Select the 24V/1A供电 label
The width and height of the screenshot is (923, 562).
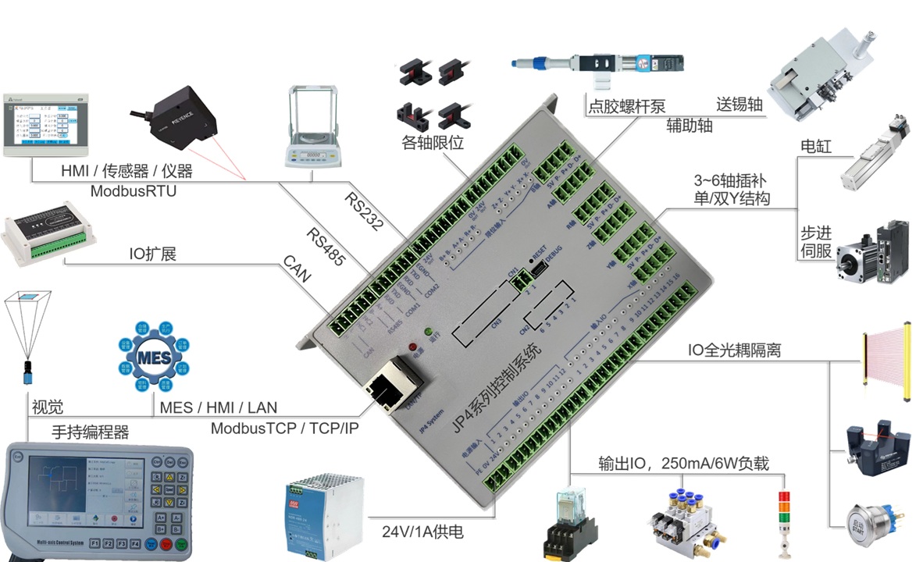click(422, 532)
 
